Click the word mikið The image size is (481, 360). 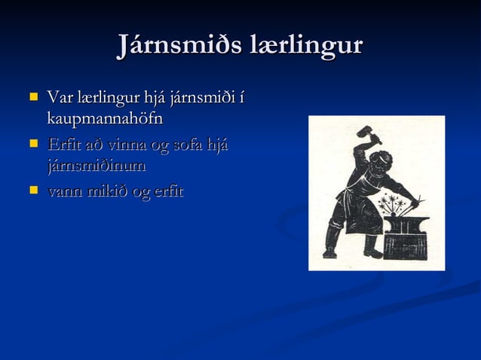pos(106,191)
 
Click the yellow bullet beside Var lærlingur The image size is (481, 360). pos(32,97)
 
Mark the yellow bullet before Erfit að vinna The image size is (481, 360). pos(32,143)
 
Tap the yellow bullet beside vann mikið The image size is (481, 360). pos(32,190)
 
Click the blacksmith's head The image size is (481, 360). pos(381,160)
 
